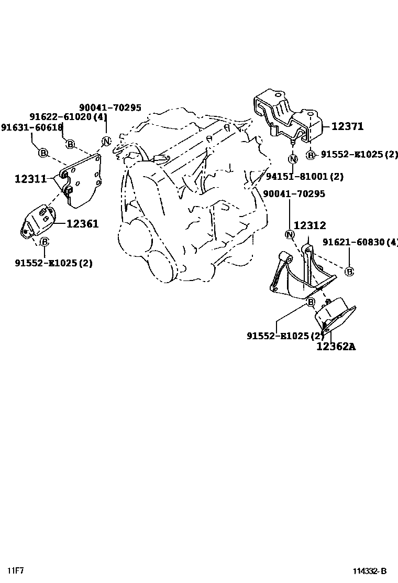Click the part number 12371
click(348, 126)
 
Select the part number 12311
click(31, 179)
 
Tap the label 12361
click(82, 224)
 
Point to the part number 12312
click(309, 225)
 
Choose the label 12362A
click(336, 346)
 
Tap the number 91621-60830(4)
click(360, 242)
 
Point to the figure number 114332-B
click(369, 571)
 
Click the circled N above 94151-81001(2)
click(293, 158)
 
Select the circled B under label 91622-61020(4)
click(70, 144)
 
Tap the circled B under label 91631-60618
click(43, 153)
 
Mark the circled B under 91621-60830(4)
click(349, 271)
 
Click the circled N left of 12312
click(289, 234)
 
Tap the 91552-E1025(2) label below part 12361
click(53, 263)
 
